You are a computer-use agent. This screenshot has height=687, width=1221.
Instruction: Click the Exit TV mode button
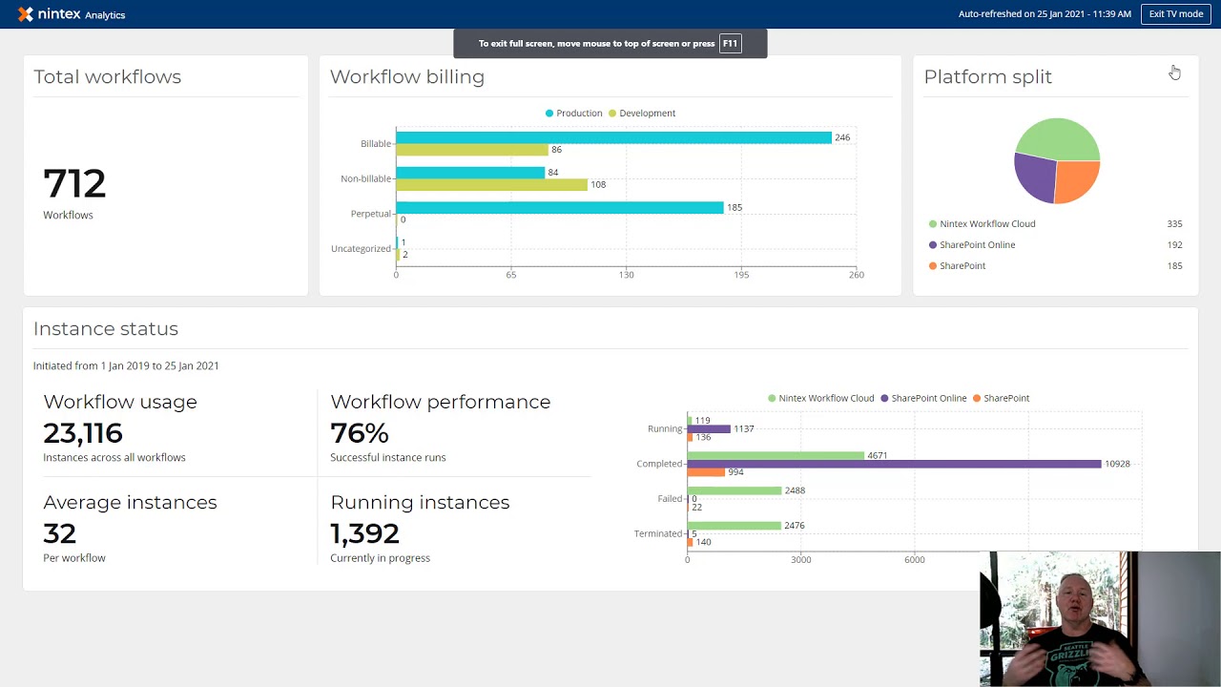tap(1175, 14)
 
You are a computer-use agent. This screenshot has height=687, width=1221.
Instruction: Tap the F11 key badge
tap(730, 44)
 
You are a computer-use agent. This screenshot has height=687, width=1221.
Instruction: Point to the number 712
tap(74, 184)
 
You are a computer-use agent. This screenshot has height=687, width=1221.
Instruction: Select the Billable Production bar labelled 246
tap(613, 138)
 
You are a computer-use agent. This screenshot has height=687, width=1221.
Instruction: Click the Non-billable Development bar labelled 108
tap(491, 185)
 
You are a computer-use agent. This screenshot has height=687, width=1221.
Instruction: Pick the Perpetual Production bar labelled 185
tap(560, 207)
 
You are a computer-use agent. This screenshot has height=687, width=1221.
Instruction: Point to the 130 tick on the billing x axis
tap(626, 275)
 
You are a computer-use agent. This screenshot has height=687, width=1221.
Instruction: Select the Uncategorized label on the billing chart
tap(361, 249)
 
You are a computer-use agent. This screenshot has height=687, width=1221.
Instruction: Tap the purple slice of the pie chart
tap(1033, 175)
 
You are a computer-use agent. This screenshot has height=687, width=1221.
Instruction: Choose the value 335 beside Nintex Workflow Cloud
tap(1174, 224)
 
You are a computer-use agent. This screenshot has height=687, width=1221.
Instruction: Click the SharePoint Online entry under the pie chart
tap(977, 245)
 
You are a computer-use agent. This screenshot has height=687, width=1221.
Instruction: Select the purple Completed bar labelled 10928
tap(894, 464)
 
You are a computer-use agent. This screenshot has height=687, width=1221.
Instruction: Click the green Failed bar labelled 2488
tap(735, 490)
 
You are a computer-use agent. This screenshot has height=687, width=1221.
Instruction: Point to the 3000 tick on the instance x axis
tap(800, 560)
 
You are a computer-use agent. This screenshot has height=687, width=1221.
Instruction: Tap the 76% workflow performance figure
tap(360, 433)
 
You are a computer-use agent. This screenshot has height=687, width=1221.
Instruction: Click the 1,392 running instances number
tap(364, 533)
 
